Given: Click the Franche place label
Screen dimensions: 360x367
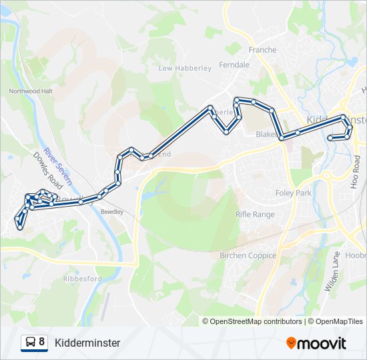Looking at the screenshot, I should click(x=262, y=49).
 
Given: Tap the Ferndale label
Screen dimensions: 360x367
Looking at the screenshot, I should click(x=234, y=65).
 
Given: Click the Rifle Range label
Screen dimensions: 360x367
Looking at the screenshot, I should click(x=255, y=214).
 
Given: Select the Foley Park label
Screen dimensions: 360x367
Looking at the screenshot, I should click(x=294, y=193).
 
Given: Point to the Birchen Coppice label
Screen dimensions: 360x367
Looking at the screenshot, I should click(x=248, y=255).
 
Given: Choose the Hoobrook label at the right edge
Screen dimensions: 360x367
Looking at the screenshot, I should click(x=356, y=255).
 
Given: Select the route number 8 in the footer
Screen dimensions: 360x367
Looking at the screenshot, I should click(x=42, y=342).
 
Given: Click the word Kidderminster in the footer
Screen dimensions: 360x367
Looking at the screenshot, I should click(x=87, y=343).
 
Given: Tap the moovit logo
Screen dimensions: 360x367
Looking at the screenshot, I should click(x=316, y=343).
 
